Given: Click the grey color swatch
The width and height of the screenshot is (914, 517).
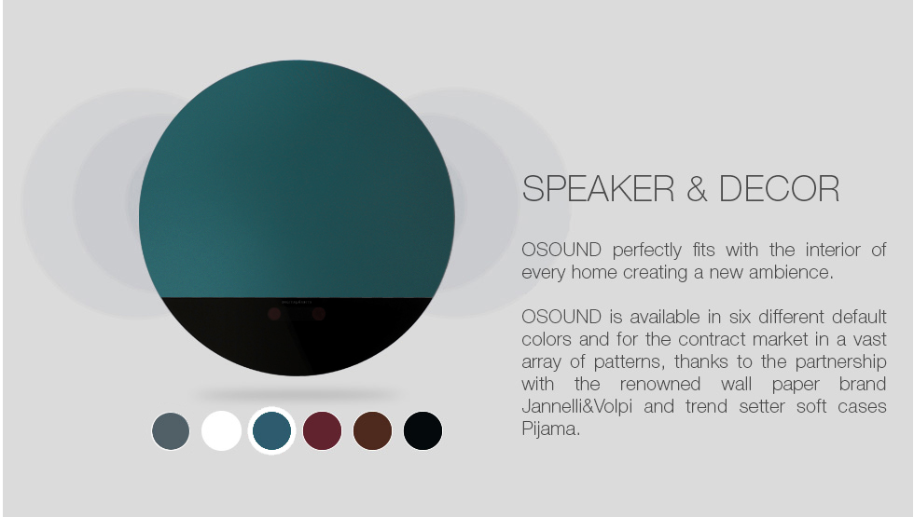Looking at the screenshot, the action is (171, 431).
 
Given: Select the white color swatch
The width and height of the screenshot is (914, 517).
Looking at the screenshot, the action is (222, 430).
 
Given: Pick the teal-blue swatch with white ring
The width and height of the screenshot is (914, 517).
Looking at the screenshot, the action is (271, 430).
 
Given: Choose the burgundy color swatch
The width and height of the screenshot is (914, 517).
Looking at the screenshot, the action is (323, 430).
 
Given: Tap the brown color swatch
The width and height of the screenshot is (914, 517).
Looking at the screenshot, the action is (372, 430).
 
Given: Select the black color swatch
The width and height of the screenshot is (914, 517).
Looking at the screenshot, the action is (422, 430).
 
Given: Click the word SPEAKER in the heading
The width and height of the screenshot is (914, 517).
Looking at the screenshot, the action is (598, 188).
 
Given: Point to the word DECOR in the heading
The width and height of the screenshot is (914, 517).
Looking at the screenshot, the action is (779, 188).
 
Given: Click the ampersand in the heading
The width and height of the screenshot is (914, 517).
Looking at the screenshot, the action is (697, 188).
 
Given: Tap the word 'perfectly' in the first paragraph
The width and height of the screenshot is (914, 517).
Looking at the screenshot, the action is (646, 251).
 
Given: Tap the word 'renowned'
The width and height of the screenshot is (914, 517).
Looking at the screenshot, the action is (660, 384).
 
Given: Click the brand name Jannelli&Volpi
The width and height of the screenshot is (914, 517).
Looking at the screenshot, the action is (576, 406).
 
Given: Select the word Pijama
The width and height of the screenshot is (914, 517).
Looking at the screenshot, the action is (551, 429).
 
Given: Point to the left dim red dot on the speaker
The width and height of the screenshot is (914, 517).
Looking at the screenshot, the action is (274, 315).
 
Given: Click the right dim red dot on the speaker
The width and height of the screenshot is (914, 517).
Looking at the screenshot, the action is (318, 315).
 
